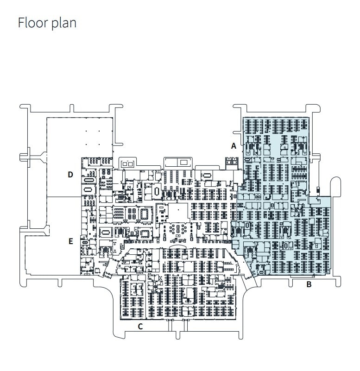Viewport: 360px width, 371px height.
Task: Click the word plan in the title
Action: point(63,23)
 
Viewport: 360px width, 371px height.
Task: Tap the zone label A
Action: point(234,145)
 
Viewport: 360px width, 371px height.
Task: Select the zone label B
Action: point(309,284)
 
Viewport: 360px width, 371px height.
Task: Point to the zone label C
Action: point(140,327)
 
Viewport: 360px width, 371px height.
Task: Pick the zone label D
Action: point(70,175)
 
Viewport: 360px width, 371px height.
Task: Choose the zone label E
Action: point(70,241)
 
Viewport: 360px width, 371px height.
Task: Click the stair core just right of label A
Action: point(231,162)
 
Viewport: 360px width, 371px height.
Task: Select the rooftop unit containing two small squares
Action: point(127,163)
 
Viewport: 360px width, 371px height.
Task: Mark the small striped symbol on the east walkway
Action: point(317,190)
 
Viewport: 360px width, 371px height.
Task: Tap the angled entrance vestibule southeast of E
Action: point(106,270)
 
